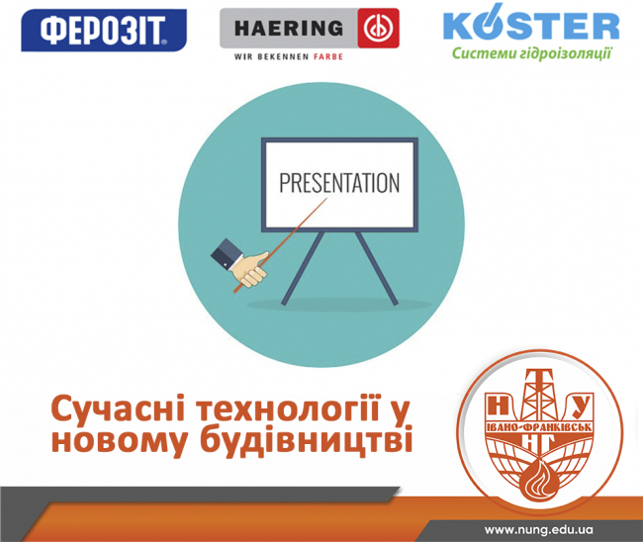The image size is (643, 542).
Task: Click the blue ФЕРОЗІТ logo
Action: coord(104,31)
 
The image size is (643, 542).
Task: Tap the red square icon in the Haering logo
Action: coord(378,28)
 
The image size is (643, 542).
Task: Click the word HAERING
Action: coord(289,29)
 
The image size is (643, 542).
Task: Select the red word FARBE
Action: coord(328,56)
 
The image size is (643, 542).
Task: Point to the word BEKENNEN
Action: coord(283,56)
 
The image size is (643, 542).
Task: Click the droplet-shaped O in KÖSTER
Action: coord(493,24)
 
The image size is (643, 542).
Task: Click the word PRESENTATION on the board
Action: coord(339,183)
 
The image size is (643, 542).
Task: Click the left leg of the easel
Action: coord(303,268)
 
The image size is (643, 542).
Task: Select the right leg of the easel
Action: coord(377,268)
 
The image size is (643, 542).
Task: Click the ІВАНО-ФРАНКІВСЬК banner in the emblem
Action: coord(539,427)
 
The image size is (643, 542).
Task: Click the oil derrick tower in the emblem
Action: coord(539,394)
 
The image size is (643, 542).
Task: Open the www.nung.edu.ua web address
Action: coord(538,530)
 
